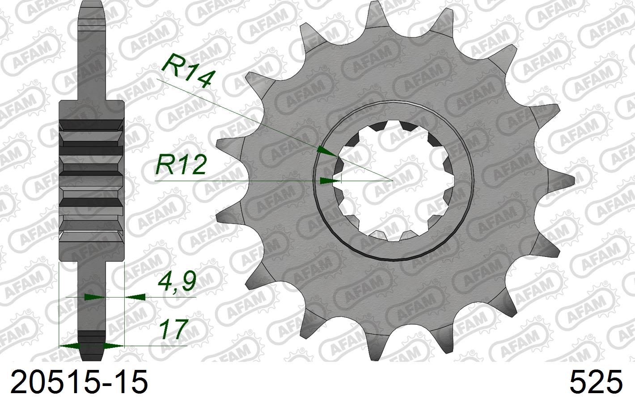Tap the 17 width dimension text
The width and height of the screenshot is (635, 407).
pyautogui.click(x=173, y=330)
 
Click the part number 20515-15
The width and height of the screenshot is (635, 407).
pyautogui.click(x=79, y=383)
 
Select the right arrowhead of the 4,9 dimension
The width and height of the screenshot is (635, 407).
pyautogui.click(x=135, y=296)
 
